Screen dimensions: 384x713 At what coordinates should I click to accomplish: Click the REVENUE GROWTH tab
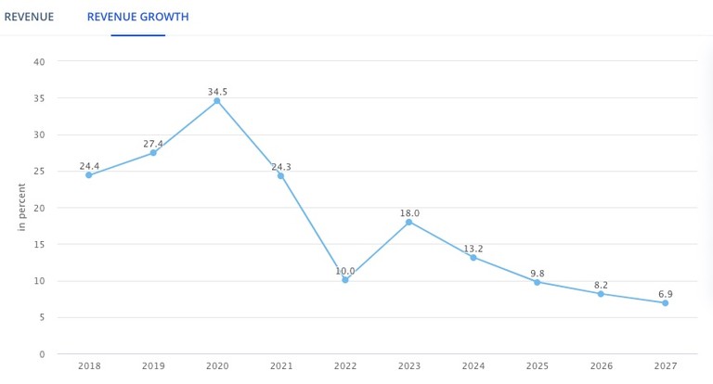coord(137,17)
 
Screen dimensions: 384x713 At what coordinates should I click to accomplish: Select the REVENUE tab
coord(29,17)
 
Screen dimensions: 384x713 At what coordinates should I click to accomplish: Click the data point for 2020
coord(217,101)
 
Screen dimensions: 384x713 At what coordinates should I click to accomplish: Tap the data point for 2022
coord(345,279)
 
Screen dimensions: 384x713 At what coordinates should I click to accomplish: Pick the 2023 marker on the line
coord(408,222)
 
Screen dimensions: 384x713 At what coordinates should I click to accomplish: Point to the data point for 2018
coord(89,174)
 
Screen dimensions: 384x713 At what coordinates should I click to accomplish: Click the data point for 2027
coord(665,303)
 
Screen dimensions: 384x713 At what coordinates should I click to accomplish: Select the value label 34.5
coord(217,92)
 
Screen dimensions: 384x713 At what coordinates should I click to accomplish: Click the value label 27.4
coord(153,144)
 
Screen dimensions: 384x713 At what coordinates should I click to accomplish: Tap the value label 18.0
coord(409,213)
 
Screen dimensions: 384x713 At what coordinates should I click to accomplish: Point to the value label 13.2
coord(473,249)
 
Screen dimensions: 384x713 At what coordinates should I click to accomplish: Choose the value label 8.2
coord(601,285)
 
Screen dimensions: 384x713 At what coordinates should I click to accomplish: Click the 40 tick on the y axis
coord(39,62)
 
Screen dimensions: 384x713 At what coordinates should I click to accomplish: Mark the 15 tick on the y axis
coord(39,245)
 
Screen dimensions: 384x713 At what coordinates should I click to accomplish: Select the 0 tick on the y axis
coord(42,354)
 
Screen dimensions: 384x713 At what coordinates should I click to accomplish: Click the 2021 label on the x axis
coord(281,367)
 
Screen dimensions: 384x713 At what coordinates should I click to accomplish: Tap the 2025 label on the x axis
coord(538,367)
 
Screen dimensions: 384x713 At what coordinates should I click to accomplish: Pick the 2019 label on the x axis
coord(153,367)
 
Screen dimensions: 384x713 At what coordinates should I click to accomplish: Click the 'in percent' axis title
coord(21,207)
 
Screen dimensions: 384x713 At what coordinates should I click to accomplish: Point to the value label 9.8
coord(538,274)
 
